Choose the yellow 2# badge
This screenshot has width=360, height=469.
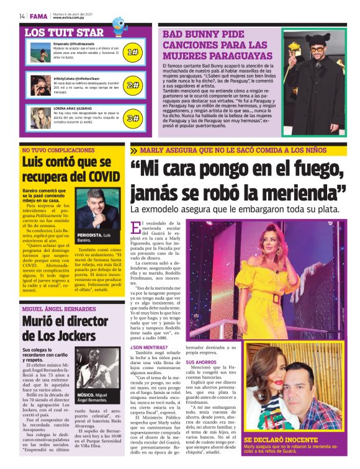(132, 85)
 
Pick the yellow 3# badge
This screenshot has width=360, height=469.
(132, 117)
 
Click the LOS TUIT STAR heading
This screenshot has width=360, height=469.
(64, 32)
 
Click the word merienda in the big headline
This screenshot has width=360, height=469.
(302, 189)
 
